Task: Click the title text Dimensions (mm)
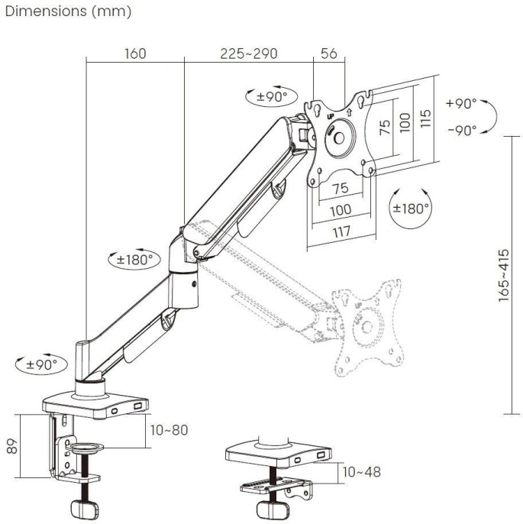point(68,13)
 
